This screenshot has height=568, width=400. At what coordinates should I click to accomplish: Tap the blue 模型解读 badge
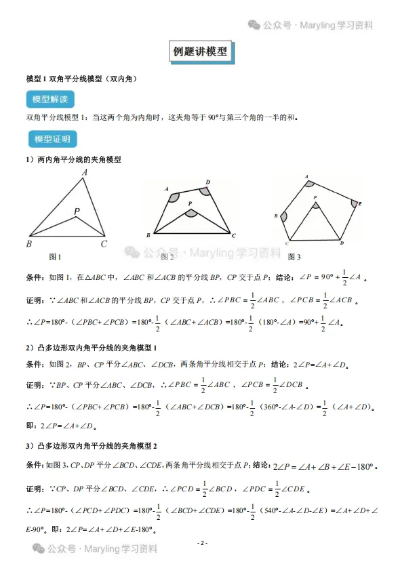coord(50,100)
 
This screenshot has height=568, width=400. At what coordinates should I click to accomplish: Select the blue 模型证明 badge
coord(52,140)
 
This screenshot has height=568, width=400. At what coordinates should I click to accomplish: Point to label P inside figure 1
coord(77,212)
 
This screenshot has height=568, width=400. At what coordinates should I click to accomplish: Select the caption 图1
coord(55,257)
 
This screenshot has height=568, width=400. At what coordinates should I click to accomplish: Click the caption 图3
coord(294,257)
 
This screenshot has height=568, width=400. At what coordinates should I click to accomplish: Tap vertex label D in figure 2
coord(207,182)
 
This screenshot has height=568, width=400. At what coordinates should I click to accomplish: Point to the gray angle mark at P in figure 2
coord(191,213)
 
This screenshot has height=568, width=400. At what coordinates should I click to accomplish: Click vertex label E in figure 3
coord(359,203)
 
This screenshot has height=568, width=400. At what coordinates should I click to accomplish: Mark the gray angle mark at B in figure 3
coord(283,217)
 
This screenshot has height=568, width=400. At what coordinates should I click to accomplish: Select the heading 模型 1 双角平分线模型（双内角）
coord(81,79)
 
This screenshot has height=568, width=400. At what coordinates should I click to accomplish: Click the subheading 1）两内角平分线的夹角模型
coord(74,160)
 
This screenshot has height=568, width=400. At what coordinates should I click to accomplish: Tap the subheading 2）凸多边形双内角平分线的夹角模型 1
coord(92,348)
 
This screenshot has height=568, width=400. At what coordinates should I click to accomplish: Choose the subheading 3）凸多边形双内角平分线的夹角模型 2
coord(92,446)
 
